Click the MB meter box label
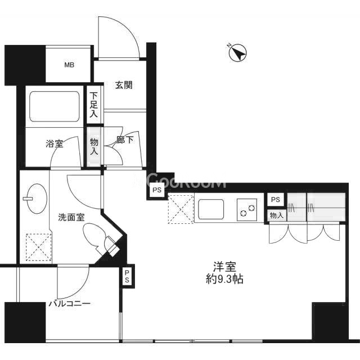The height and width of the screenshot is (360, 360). [69, 65]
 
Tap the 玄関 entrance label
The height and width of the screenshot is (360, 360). [124, 85]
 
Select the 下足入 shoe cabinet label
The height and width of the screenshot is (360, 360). [93, 105]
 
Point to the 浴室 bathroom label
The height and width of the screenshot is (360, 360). [54, 144]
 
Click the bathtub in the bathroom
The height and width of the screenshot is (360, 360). [55, 106]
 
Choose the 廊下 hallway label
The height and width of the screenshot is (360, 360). [125, 140]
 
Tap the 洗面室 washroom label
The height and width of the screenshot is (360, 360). [71, 217]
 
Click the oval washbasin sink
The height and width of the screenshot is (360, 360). [37, 199]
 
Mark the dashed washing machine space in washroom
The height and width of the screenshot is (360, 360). [39, 247]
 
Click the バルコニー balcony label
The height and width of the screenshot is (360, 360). [70, 304]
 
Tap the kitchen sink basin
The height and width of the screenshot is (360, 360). [211, 209]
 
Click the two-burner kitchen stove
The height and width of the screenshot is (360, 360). [247, 210]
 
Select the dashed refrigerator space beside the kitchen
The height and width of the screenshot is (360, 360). [181, 209]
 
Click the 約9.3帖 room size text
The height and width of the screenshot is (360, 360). [224, 279]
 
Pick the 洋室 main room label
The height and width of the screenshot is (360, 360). [224, 267]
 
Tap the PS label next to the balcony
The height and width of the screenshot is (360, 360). [127, 276]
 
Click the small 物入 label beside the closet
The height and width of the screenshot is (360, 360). [277, 215]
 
